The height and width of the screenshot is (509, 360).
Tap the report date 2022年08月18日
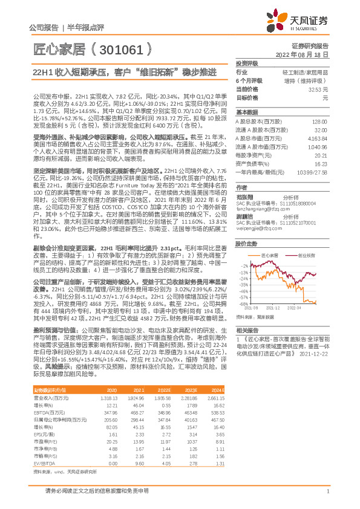(302, 54)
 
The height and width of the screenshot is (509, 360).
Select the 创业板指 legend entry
(306, 256)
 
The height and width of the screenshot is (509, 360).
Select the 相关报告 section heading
(246, 331)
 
